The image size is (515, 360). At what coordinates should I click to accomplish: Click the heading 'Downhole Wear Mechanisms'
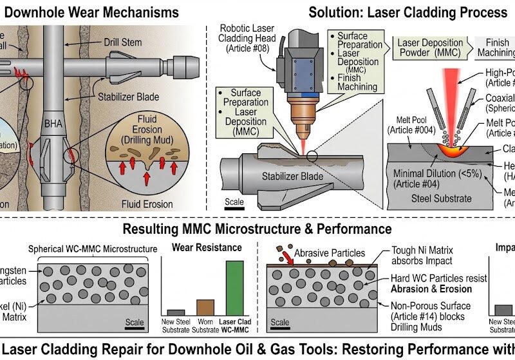[91, 12]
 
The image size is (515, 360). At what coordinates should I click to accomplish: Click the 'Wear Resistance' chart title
[206, 247]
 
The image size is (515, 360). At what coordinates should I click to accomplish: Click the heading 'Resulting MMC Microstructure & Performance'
[257, 229]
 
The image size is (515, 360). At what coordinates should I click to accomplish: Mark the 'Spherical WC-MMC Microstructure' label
[93, 249]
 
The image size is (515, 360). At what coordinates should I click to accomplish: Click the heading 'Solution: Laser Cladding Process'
[407, 12]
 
